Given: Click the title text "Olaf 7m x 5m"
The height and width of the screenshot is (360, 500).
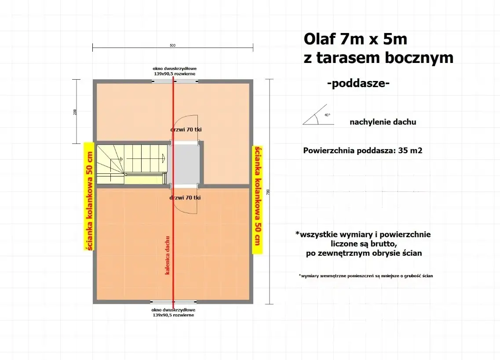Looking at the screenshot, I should point(355,39).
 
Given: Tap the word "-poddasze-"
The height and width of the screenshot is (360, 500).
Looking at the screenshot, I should point(358,84).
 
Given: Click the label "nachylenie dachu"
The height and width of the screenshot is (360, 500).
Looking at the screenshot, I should point(383,122).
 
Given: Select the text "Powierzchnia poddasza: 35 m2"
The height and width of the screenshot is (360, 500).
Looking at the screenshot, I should point(363,151).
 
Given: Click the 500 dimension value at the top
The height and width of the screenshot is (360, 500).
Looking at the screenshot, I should point(172,45).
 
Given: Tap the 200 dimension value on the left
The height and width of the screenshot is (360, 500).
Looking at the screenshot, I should point(75,112).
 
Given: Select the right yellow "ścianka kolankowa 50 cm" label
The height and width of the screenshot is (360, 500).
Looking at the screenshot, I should point(257,200).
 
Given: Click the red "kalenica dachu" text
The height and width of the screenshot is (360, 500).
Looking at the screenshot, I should point(168,255).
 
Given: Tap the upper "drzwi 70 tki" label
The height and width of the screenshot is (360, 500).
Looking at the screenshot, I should point(186,130).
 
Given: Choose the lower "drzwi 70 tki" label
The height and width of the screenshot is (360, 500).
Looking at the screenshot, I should point(185,198).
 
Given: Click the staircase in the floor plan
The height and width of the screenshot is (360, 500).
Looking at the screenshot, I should point(132,163).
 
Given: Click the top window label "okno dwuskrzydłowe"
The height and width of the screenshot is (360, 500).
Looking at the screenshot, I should point(174,69).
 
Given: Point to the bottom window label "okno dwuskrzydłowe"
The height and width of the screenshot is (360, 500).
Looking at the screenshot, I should point(174,310).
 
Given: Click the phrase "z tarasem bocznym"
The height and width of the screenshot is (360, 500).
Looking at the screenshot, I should point(378,58).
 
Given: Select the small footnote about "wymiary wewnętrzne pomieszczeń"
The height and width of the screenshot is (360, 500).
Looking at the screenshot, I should point(365,276).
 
